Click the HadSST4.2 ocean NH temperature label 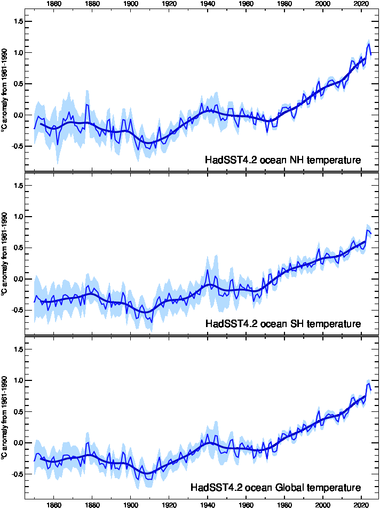tap(283, 160)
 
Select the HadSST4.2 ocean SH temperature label tap(283, 324)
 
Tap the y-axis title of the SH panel tap(5, 254)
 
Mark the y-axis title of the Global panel tap(5, 419)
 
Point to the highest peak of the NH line tap(368, 41)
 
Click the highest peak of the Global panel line tap(368, 381)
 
